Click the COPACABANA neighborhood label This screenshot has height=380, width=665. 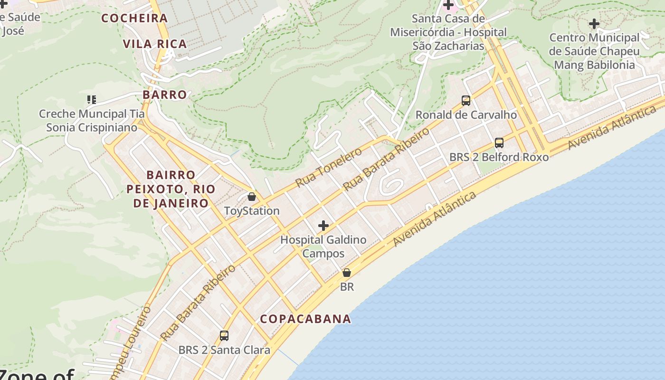(x=305, y=319)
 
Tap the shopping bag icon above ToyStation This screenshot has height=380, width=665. (x=252, y=196)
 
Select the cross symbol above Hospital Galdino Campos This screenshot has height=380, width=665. (x=323, y=225)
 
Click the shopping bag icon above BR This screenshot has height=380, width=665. (x=347, y=273)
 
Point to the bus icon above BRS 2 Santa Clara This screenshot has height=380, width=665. (x=224, y=336)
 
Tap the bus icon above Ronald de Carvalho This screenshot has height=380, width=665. (x=466, y=101)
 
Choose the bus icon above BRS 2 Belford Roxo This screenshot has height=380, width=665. (x=499, y=142)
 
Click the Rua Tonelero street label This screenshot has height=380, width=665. (x=328, y=167)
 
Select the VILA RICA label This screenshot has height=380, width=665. (x=155, y=44)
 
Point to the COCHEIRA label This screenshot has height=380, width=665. (x=135, y=19)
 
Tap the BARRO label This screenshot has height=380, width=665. (x=165, y=95)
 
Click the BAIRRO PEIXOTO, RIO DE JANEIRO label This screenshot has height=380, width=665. (x=171, y=189)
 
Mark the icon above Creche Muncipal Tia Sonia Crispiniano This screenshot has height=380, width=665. (x=92, y=100)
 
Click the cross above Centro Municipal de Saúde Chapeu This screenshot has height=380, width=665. (x=594, y=23)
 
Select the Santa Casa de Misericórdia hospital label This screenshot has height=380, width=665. (x=448, y=32)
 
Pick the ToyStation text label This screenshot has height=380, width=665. (x=252, y=210)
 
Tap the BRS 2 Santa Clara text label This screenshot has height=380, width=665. (x=224, y=350)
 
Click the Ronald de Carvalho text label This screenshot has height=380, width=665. (x=466, y=114)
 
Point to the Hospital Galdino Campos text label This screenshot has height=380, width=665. (x=323, y=246)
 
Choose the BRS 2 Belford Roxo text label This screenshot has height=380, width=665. (x=499, y=157)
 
